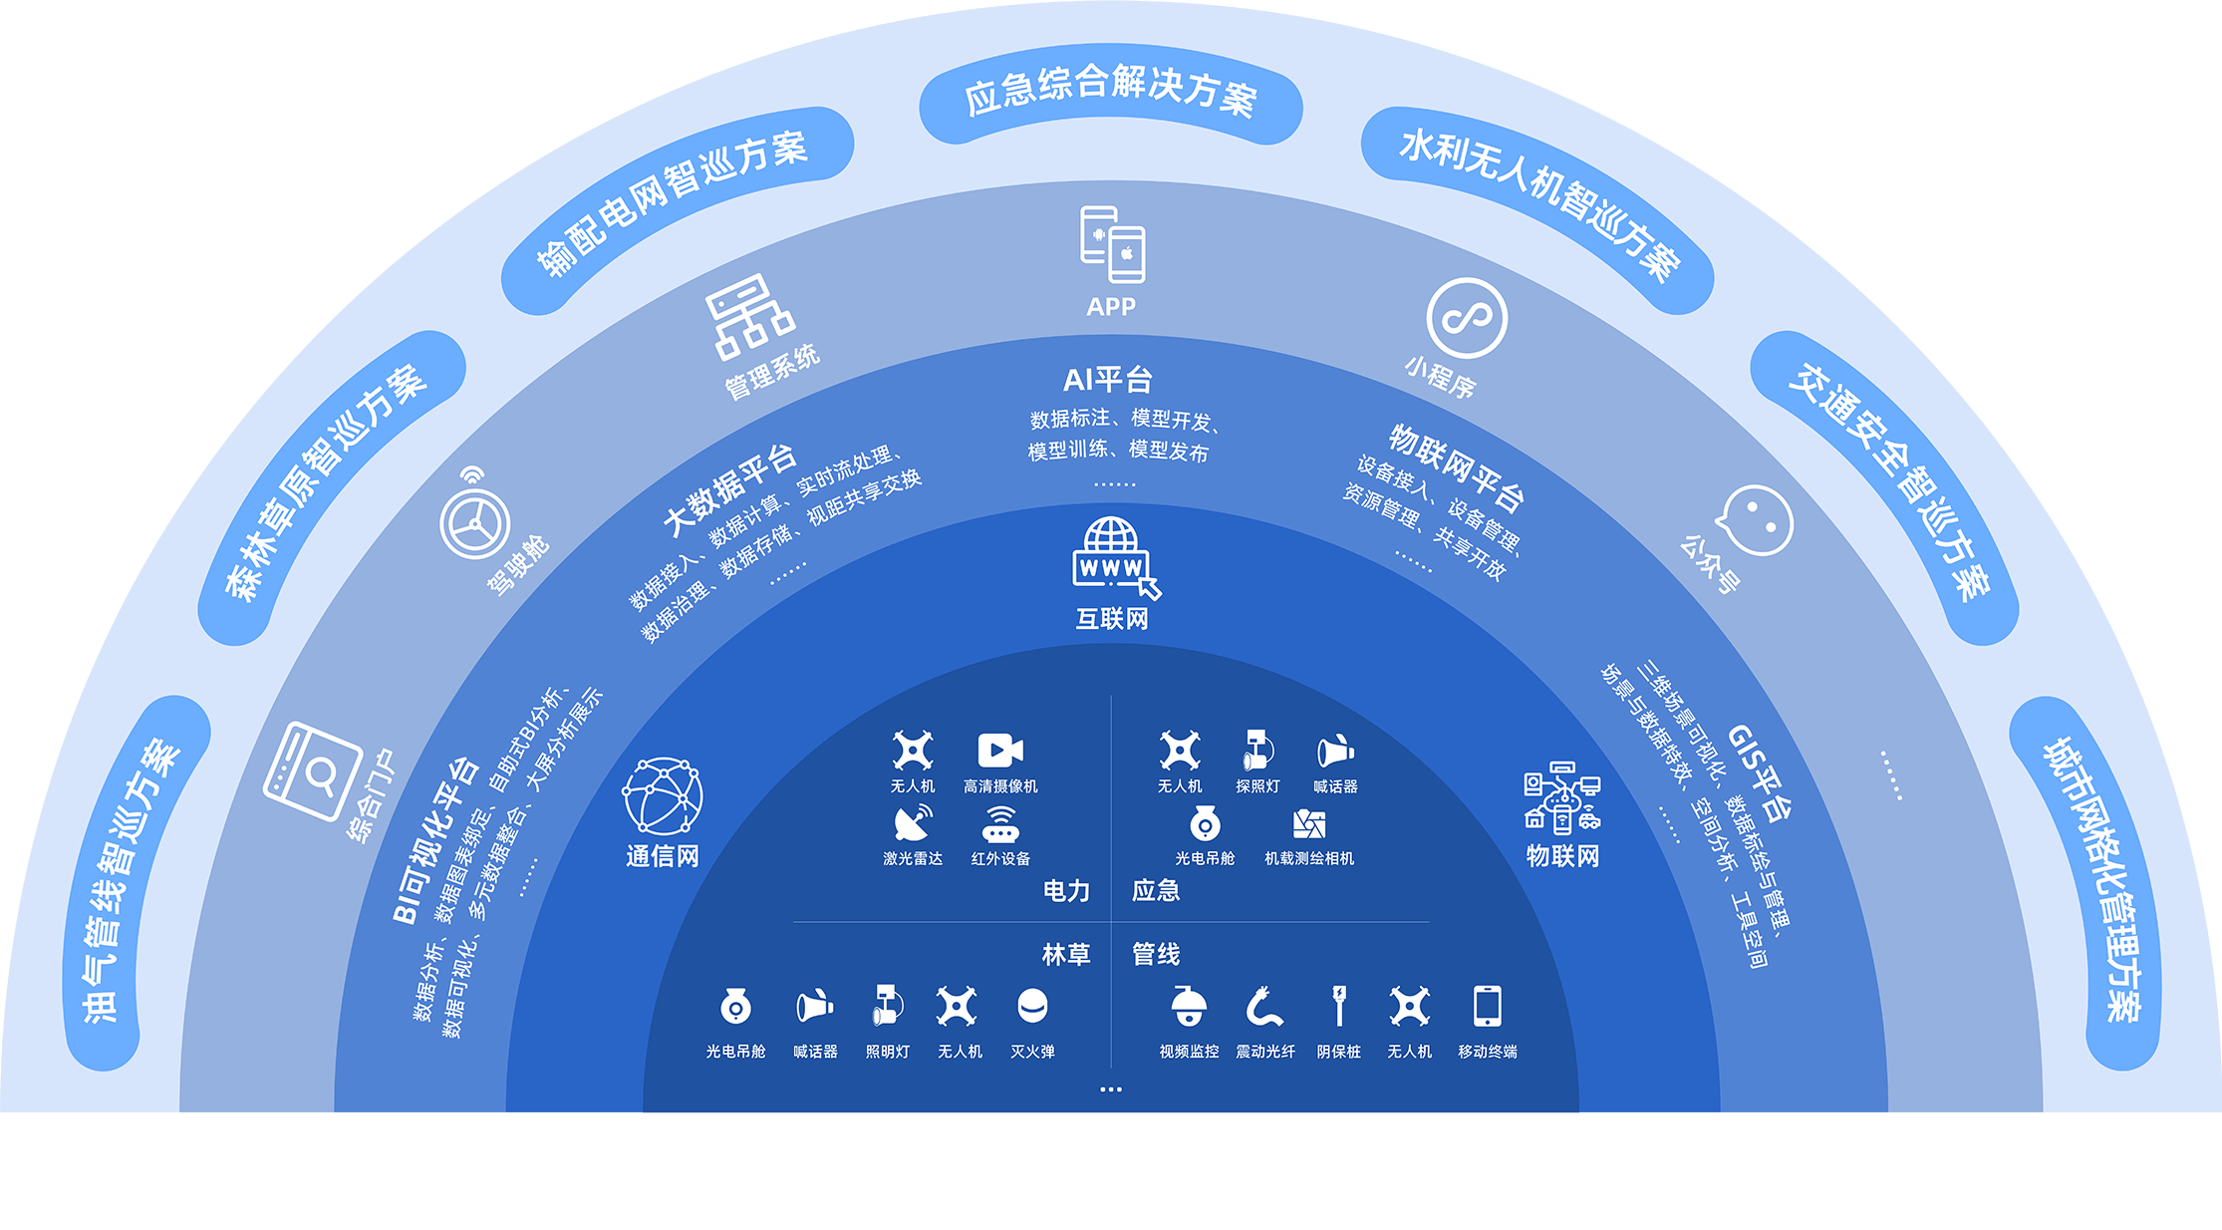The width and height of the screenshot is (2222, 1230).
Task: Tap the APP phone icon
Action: click(x=1112, y=244)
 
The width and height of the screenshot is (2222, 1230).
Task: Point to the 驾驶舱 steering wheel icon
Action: click(x=474, y=522)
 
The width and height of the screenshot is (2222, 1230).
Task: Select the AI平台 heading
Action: click(x=1108, y=380)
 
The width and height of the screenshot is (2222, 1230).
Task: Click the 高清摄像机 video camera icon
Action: click(x=1000, y=751)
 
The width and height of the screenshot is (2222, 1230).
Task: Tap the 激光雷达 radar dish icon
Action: click(x=913, y=823)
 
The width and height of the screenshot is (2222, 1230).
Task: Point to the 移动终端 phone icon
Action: click(x=1487, y=1006)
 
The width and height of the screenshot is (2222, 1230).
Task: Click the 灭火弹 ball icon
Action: click(x=1032, y=1006)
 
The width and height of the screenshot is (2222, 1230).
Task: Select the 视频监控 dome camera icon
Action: click(x=1189, y=1006)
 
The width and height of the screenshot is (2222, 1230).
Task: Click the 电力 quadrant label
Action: click(x=1066, y=890)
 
